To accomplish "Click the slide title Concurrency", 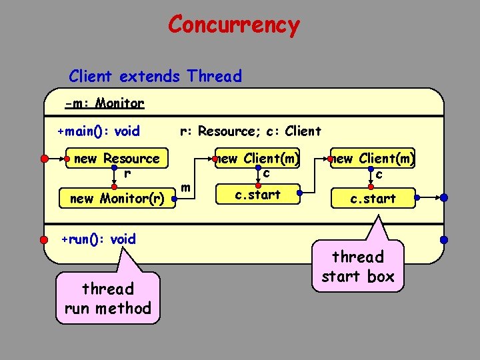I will pos(234,25).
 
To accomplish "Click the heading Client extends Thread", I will pos(155,76).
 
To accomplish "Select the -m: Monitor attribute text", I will pos(105,103).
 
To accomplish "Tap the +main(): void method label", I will pos(99,131).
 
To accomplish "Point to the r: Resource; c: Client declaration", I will pos(251,131).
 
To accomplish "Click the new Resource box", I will pos(117,159).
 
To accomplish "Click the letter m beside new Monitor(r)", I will pos(187,189).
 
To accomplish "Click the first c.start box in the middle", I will pos(258,195).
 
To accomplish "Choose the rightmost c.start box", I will pos(373,198).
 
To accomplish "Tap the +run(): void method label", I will pos(99,239).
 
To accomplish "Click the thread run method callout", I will pos(108,298).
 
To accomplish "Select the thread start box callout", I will pos(357,266).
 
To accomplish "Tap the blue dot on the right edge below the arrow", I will pos(445,239).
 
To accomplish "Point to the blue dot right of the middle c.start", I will pos(300,194).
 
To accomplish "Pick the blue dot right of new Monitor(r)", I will pos(173,198).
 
